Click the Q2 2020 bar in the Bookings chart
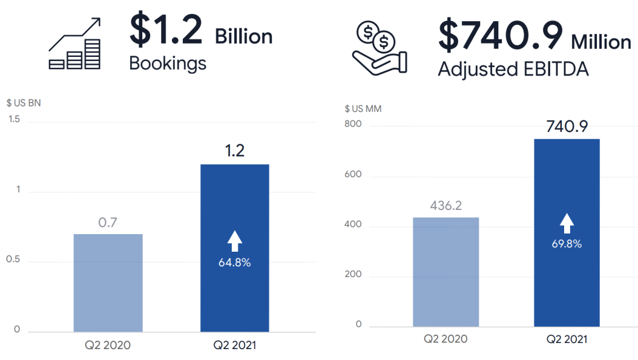[x=108, y=283]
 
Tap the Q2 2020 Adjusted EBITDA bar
[x=446, y=272]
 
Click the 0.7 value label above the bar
[x=108, y=223]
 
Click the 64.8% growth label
[x=234, y=263]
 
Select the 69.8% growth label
[x=567, y=244]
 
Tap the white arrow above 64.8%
[x=234, y=241]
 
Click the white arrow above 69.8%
[x=567, y=223]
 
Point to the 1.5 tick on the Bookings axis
[x=13, y=119]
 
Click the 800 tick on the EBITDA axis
[x=354, y=125]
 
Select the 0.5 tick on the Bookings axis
[x=13, y=260]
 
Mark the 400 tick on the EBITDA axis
[x=354, y=224]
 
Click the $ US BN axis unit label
[x=24, y=103]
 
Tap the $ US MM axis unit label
[x=363, y=109]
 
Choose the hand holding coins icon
[x=380, y=48]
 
